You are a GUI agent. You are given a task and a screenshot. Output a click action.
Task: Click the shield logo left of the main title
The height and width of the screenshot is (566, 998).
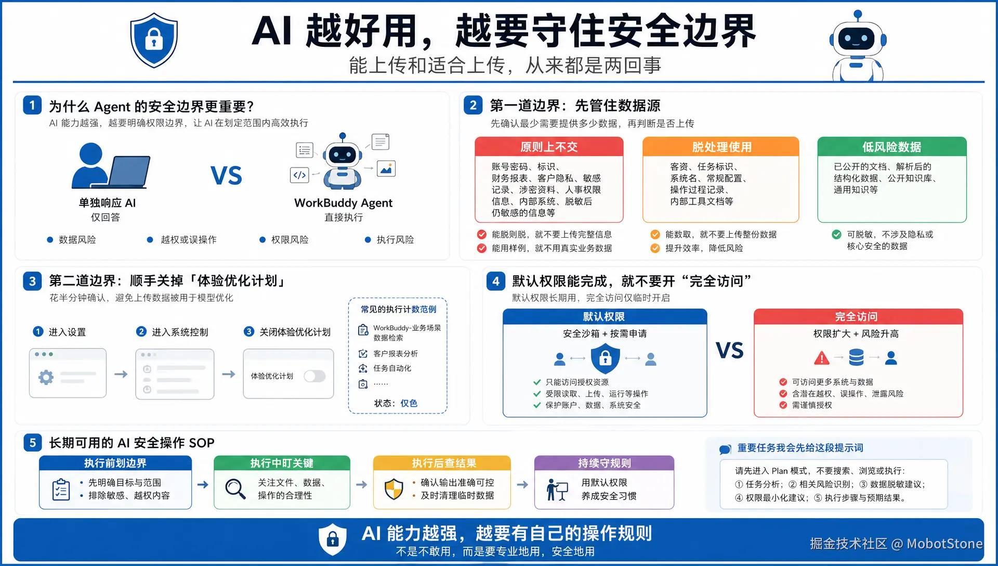coord(154,41)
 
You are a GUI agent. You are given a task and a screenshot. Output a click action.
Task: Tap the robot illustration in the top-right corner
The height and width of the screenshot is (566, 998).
coord(858,46)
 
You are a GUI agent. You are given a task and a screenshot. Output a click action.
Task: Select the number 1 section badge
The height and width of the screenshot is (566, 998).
coord(32,106)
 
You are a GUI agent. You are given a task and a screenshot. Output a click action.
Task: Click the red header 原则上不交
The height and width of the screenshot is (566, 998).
coord(549,147)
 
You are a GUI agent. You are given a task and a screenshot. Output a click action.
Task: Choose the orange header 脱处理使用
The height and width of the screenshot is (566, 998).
coord(721,147)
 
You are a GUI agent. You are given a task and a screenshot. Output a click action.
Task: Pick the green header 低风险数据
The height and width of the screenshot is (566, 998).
coord(892,147)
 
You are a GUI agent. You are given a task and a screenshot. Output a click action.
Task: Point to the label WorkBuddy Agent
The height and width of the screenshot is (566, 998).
coord(343,203)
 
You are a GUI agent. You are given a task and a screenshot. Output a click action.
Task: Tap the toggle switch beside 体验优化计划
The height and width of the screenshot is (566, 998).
coord(314,376)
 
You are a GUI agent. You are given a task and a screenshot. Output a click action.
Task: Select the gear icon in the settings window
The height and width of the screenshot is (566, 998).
coord(46,377)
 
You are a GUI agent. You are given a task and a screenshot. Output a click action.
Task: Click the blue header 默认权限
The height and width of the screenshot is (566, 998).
coord(605,317)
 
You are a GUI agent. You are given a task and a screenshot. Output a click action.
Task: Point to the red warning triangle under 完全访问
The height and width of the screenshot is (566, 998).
coord(821,358)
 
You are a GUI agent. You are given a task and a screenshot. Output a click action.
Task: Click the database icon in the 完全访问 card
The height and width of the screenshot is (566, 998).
coord(856,357)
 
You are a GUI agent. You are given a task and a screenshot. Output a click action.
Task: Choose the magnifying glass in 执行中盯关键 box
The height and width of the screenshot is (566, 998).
coord(235,489)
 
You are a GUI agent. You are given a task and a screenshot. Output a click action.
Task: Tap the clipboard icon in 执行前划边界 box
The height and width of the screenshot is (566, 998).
coord(61,490)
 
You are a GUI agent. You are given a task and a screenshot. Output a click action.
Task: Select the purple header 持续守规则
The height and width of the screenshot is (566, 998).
coord(604,463)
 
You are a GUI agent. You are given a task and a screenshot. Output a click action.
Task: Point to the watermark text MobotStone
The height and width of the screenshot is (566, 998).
coord(944,544)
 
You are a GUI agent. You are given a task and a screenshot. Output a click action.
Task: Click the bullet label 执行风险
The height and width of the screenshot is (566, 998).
coord(396,240)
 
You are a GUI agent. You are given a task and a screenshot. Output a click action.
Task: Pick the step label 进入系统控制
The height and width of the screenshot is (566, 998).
coord(180,332)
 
